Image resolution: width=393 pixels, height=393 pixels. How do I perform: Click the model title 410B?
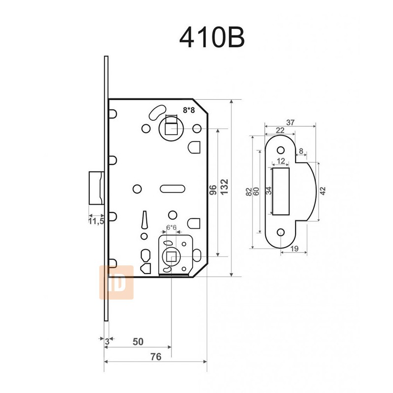click(212, 38)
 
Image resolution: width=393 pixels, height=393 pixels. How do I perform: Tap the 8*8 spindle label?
click(189, 110)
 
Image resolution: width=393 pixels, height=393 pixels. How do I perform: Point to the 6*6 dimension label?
click(171, 227)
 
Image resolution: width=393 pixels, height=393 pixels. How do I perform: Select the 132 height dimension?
click(224, 187)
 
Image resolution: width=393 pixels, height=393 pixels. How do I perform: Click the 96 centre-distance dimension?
click(213, 190)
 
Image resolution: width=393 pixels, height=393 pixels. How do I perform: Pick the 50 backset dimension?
click(138, 341)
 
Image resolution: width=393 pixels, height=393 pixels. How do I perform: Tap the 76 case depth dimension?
click(155, 357)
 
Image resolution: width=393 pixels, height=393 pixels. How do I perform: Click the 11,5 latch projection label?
click(96, 222)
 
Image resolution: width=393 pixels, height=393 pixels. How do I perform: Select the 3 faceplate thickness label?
click(107, 341)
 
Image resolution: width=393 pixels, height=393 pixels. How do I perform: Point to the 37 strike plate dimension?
click(290, 122)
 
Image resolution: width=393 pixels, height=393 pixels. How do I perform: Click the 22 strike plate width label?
click(280, 130)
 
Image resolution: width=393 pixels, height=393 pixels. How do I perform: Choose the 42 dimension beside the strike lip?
click(323, 191)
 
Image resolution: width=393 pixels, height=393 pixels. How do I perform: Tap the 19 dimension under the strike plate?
click(294, 249)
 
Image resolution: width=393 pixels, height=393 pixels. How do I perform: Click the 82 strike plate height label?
click(249, 192)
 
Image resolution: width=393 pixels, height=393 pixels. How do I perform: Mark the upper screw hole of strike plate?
click(281, 150)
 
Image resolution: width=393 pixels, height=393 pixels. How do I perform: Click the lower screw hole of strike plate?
click(281, 232)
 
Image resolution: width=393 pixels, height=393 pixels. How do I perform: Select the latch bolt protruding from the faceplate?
click(96, 188)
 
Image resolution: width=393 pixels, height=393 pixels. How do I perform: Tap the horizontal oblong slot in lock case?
click(172, 189)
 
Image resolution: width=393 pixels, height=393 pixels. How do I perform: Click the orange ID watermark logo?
click(116, 282)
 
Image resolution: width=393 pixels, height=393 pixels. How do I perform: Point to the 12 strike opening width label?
click(281, 161)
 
